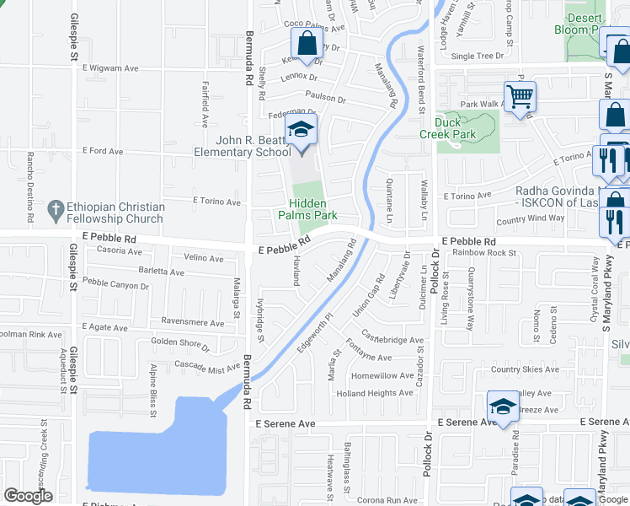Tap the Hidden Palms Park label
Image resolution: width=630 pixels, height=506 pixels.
307,209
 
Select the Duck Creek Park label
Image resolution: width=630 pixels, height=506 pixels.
448,128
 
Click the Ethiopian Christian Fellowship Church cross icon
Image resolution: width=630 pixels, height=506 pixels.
56,207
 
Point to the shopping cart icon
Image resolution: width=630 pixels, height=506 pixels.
520,96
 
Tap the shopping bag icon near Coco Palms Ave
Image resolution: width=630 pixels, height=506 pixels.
307,43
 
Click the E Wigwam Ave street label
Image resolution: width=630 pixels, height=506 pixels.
109,68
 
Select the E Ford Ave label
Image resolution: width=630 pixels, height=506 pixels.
103,152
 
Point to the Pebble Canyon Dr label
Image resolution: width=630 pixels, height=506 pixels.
115,286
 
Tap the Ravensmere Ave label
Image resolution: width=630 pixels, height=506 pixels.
192,322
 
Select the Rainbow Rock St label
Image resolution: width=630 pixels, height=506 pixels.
483,252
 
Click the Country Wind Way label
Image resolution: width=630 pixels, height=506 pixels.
530,219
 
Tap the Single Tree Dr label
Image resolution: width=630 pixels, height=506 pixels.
478,57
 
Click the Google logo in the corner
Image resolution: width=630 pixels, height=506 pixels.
28,497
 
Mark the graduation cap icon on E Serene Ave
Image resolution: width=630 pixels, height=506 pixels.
502,406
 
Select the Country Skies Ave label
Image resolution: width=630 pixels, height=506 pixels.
531,369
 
